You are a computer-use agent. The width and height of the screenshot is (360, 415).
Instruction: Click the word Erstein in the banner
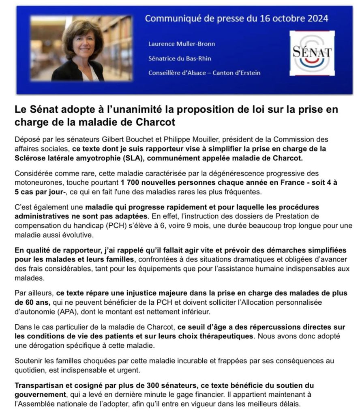(x=249, y=73)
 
